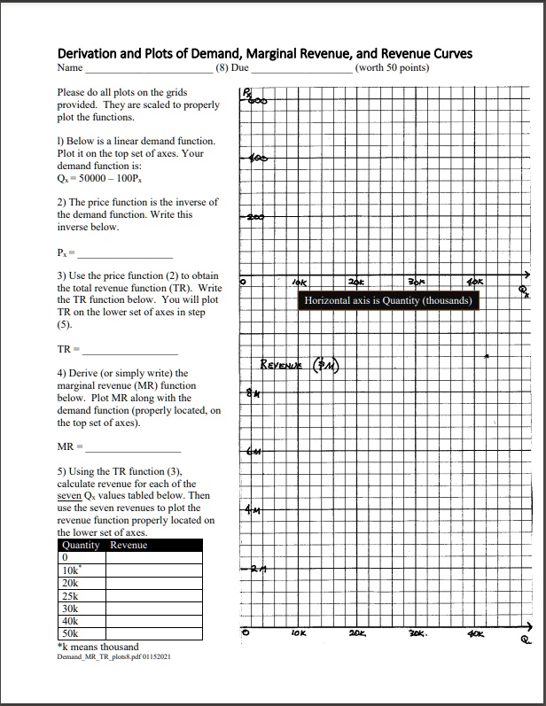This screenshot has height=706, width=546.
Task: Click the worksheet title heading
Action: (264, 53)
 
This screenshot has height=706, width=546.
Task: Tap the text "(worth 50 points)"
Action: (391, 67)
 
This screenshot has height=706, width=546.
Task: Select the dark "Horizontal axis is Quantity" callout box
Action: (390, 301)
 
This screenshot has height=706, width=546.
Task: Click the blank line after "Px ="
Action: (129, 257)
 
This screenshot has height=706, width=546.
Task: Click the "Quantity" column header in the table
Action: (81, 545)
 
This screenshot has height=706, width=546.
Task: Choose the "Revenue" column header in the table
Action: (129, 545)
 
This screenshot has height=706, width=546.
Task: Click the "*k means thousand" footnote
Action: (97, 648)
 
